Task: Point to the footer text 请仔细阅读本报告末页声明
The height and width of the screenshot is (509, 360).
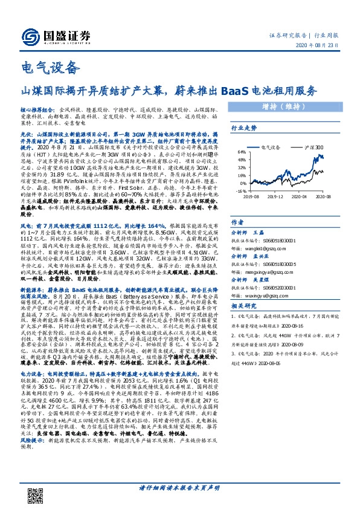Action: (x=179, y=487)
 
